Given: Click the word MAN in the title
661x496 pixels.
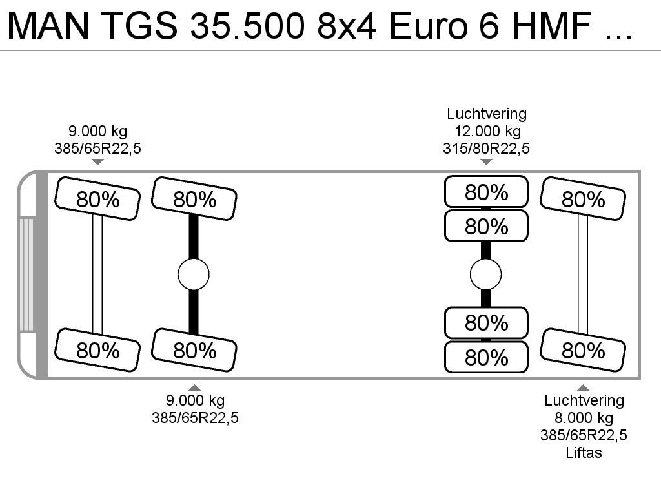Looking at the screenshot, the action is [48, 25].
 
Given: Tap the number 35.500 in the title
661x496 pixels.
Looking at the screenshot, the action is [247, 25].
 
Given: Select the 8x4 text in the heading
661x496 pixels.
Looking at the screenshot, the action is [346, 25].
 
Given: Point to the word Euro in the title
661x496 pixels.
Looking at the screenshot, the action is [428, 25].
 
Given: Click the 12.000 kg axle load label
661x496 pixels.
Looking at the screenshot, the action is [487, 131].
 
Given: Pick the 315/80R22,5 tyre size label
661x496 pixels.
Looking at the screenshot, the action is [486, 149].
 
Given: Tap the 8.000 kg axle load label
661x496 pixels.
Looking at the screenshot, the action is [584, 418].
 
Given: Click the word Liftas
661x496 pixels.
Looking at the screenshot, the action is [584, 453].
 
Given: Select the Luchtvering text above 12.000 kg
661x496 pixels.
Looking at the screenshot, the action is [487, 114].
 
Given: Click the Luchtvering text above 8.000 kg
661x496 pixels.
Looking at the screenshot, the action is [584, 400].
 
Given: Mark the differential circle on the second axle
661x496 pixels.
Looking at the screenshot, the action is [194, 274].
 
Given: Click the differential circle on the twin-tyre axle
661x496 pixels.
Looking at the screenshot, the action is [485, 274].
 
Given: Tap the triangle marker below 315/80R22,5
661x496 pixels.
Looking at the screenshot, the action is [486, 162].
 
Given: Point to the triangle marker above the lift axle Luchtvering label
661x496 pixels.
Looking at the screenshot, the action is [583, 387].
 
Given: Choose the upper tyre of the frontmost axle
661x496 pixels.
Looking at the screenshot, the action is [97, 199].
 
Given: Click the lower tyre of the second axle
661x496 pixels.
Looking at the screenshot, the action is [194, 349].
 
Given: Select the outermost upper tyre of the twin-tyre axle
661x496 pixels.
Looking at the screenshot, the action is [486, 192].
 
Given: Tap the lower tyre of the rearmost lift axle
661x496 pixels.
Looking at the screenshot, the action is [583, 349].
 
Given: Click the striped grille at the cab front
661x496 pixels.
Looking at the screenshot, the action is [26, 274].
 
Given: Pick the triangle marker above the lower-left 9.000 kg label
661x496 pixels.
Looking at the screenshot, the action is [194, 387].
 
